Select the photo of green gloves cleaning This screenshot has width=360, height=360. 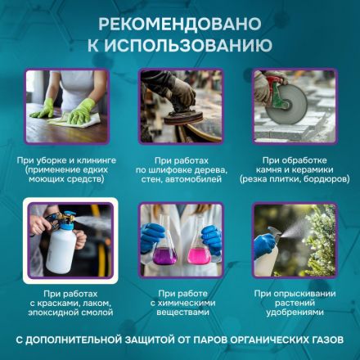[x=65, y=101]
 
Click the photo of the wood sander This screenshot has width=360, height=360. [x=179, y=101]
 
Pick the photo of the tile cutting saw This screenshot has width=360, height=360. [x=293, y=101]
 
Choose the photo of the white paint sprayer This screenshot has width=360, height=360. [x=65, y=239]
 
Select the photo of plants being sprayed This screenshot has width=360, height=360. [x=293, y=239]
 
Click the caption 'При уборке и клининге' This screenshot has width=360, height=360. [x=66, y=157]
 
